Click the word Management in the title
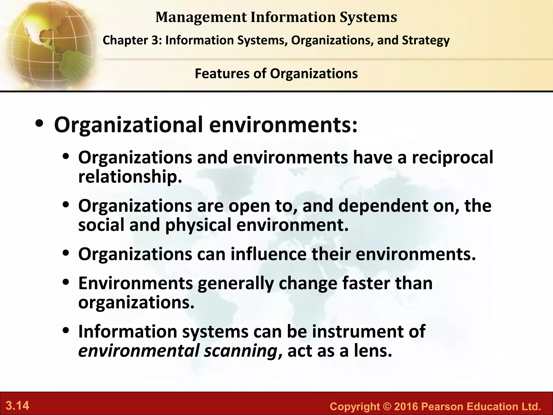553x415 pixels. [x=201, y=17]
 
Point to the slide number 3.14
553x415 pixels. [x=18, y=406]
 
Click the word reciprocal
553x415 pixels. [x=452, y=158]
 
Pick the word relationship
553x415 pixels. [x=130, y=177]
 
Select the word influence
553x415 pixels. [x=268, y=254]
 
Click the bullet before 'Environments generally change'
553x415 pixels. [x=66, y=282]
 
